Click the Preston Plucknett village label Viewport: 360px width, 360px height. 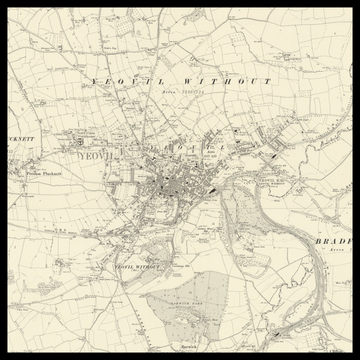coord(44,173)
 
